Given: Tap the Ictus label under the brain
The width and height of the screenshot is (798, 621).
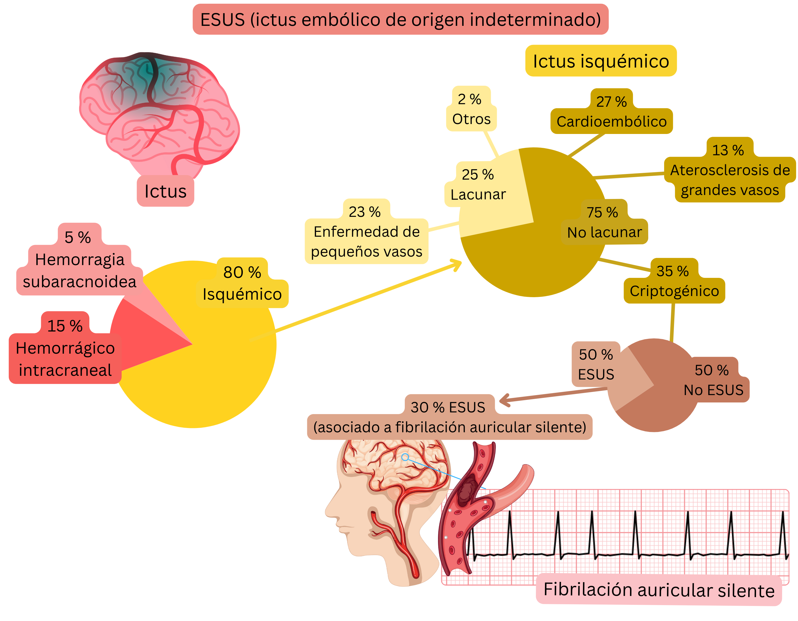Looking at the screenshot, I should pos(165,191).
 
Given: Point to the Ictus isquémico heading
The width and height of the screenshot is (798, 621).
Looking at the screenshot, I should pos(600,61).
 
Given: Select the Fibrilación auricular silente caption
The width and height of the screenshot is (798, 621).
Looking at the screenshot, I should pos(658,589).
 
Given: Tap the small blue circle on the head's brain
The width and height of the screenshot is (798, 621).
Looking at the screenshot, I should pos(405,457).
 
